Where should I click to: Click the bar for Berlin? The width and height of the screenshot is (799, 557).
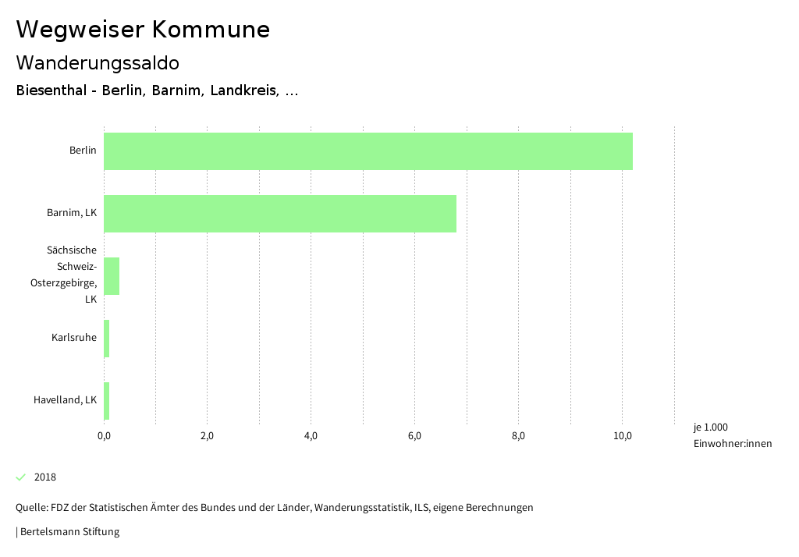(x=368, y=151)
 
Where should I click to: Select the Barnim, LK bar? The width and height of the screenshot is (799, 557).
(x=279, y=214)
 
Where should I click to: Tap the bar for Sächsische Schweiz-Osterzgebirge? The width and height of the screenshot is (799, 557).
(x=112, y=276)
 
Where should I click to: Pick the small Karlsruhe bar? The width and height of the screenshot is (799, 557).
(x=107, y=339)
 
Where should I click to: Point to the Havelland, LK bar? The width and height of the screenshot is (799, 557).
(x=107, y=401)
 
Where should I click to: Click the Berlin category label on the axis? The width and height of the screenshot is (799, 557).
(x=83, y=151)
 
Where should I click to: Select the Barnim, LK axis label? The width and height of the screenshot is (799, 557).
(x=72, y=213)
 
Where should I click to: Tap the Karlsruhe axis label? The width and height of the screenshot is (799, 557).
(x=74, y=338)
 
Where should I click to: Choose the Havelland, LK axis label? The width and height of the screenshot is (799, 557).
(x=65, y=400)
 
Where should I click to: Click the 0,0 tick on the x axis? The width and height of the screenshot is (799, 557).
(x=104, y=435)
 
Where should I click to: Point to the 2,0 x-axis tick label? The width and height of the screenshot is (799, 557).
(x=208, y=435)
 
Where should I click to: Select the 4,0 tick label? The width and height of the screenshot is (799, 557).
(x=311, y=435)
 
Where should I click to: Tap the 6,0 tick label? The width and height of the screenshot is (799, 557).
(x=414, y=435)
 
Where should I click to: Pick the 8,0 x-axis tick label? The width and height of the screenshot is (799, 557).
(x=518, y=435)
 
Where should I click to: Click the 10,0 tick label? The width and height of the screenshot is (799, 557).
(x=622, y=435)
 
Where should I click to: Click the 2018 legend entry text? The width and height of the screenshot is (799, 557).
(x=45, y=477)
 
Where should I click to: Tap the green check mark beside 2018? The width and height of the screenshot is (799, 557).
(x=21, y=477)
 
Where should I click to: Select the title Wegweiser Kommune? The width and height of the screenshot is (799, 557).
(x=143, y=30)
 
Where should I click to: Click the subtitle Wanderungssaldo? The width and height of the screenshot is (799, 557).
(x=98, y=62)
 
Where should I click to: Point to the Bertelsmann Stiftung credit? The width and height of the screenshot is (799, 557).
(x=68, y=532)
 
